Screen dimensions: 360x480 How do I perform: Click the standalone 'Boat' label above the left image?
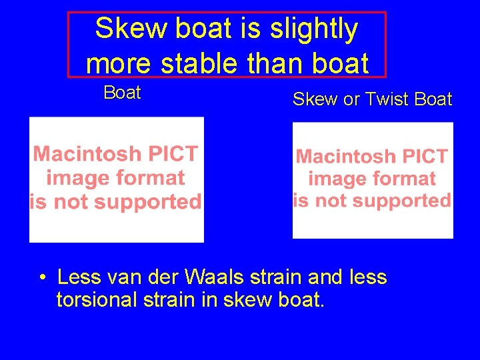pyautogui.click(x=122, y=93)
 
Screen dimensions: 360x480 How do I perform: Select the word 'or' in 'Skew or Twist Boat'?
pyautogui.click(x=351, y=100)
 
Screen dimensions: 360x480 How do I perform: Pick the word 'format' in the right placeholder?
pyautogui.click(x=405, y=179)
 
